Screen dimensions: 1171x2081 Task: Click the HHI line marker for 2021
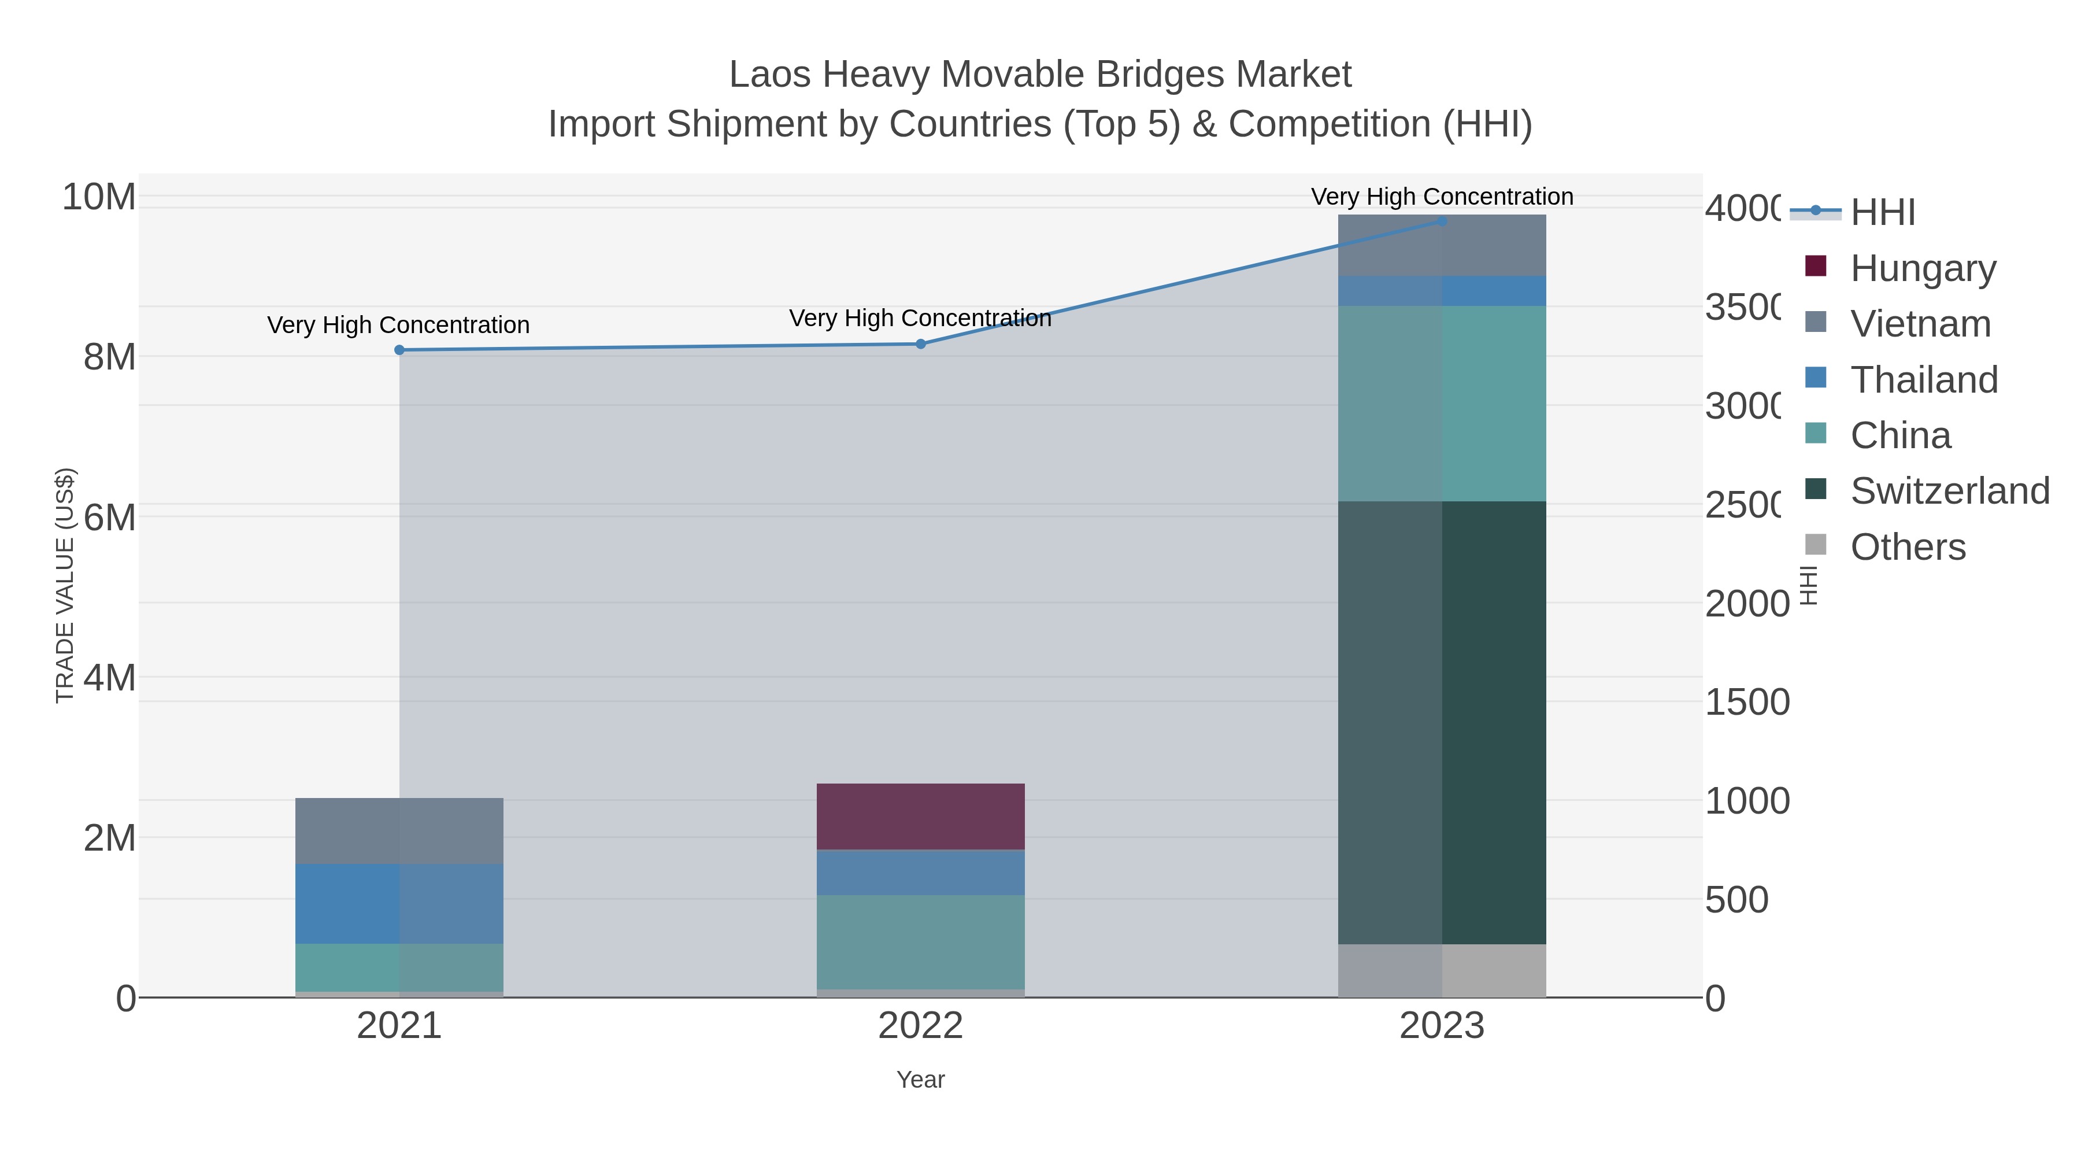(x=399, y=350)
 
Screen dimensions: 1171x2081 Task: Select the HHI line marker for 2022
(x=920, y=344)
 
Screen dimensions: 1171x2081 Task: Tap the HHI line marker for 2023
(x=1442, y=221)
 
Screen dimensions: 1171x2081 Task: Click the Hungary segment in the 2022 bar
(x=920, y=816)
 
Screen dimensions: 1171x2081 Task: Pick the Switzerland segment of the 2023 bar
(x=1442, y=722)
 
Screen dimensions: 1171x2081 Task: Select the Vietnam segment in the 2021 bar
(x=399, y=831)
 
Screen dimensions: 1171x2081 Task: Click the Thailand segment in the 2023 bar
(x=1442, y=291)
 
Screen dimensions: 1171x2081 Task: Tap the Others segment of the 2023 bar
(x=1442, y=970)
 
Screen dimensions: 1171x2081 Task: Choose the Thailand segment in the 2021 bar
(x=399, y=903)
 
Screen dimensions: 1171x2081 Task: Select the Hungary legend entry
(x=1923, y=268)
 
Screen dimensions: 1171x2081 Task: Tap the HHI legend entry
(x=1882, y=213)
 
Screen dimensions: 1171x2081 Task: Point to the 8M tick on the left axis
(x=110, y=356)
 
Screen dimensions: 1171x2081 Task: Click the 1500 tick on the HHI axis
(x=1746, y=702)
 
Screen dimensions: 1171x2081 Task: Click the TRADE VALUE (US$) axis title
(x=65, y=585)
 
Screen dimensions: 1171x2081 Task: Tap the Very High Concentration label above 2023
(x=1442, y=197)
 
